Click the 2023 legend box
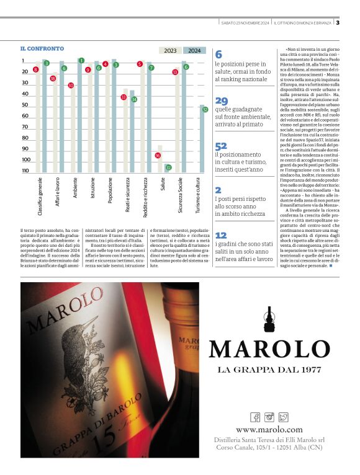(x=170, y=51)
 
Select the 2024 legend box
(x=194, y=51)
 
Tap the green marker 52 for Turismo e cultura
(x=204, y=108)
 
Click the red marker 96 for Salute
(x=158, y=156)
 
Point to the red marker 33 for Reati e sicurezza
(x=124, y=97)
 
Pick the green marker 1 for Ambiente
(x=81, y=61)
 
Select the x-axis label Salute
(x=163, y=188)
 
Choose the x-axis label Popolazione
(x=110, y=192)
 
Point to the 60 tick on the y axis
(x=25, y=116)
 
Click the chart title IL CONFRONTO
(x=42, y=48)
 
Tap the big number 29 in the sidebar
(x=222, y=101)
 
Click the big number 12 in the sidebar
(x=221, y=236)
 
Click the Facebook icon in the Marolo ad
(x=255, y=417)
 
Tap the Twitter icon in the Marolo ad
(x=284, y=417)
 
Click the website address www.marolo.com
(x=269, y=430)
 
